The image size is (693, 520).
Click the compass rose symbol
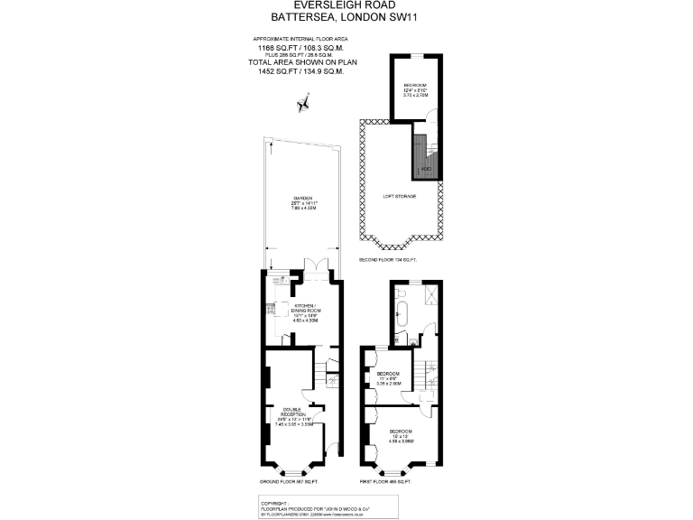[x=302, y=105]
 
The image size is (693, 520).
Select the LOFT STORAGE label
[x=399, y=196]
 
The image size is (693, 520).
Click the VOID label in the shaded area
[x=426, y=169]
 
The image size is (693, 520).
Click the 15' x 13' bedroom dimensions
[x=402, y=437]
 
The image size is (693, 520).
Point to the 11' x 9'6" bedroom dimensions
[x=389, y=379]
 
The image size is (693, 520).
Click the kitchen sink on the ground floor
[x=270, y=311]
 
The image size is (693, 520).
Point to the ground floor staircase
[x=321, y=369]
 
